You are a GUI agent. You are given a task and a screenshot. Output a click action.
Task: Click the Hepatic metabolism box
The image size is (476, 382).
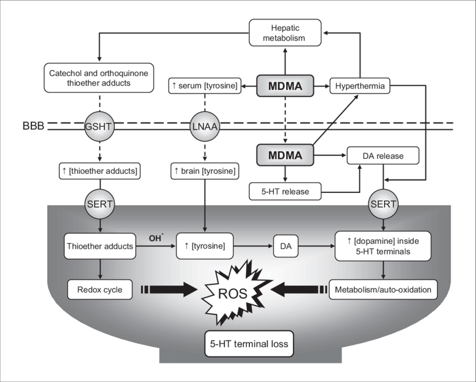(285, 32)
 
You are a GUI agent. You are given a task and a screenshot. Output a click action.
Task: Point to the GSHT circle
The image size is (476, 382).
(99, 126)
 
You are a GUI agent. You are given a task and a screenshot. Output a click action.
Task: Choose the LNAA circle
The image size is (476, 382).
(204, 126)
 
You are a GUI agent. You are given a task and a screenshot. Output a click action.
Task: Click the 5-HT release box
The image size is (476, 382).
(286, 192)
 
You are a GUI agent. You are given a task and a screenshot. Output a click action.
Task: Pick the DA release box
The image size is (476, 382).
(382, 156)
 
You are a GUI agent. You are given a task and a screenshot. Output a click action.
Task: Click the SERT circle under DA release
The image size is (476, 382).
(384, 204)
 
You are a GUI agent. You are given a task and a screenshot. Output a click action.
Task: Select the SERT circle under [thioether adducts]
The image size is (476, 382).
(100, 204)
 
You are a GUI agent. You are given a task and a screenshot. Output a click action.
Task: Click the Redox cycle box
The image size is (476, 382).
(99, 290)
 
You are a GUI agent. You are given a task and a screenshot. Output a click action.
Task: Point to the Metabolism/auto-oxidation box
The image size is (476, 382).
(383, 290)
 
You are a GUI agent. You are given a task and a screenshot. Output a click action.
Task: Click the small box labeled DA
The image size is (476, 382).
(286, 246)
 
